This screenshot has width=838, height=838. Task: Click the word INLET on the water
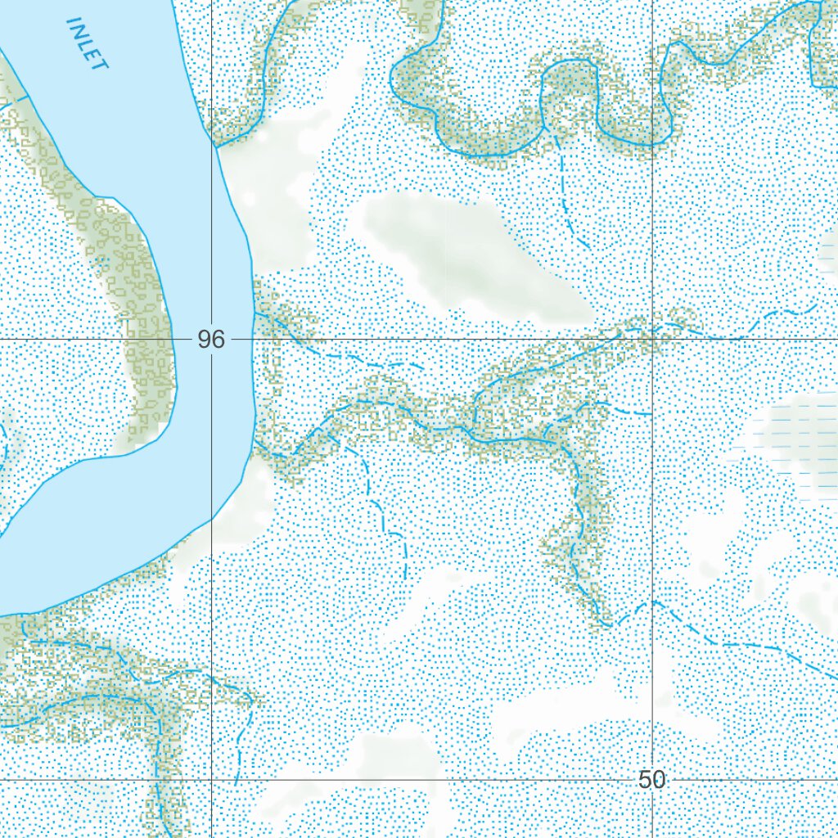point(87,45)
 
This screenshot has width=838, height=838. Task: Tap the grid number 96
point(210,340)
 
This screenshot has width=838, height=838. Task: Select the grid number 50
point(652,780)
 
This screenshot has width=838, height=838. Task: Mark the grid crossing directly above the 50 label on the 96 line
point(652,338)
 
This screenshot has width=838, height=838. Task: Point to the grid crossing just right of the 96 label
point(212,338)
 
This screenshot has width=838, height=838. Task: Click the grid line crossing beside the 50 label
point(652,780)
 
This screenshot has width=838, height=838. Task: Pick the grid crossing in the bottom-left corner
point(212,780)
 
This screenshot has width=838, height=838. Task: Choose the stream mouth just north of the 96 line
point(255,313)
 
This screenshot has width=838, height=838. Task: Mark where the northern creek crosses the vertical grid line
point(652,145)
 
